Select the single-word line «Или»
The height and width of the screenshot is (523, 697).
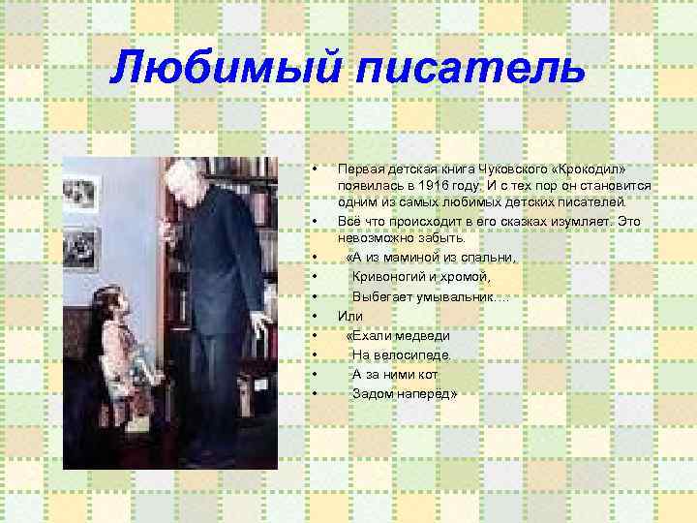pyautogui.click(x=349, y=316)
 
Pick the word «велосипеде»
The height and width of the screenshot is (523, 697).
pyautogui.click(x=410, y=354)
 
